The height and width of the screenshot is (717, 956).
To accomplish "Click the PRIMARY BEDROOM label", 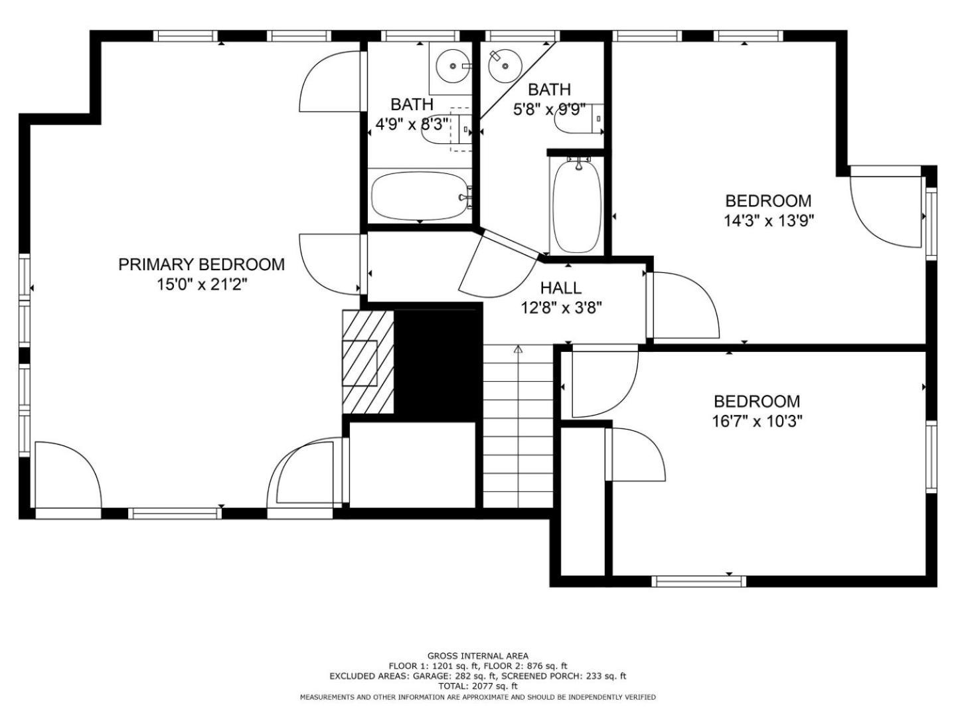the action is pos(201,264).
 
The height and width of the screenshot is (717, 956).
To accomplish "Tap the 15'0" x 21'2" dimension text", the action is pos(202,285).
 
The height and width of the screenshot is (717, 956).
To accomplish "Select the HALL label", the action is pos(561,287).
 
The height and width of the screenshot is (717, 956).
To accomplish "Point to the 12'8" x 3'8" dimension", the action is pos(562,308).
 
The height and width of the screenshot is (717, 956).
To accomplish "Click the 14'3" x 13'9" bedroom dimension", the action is pos(769,221).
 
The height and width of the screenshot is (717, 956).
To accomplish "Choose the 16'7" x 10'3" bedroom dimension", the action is pos(757,421).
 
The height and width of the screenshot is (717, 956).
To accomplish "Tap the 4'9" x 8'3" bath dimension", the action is pos(412,125).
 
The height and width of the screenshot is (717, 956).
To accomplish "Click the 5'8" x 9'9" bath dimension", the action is pos(550,110).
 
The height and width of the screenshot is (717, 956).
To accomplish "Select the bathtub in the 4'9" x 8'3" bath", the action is pos(420,197).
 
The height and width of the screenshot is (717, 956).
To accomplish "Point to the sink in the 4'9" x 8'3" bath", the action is pos(453,66).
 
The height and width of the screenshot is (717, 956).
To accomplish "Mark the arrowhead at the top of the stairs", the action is pos(518,349).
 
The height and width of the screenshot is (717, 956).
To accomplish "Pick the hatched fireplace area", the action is pos(368,361).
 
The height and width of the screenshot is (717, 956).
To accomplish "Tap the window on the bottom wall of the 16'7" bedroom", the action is pos(699,581).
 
